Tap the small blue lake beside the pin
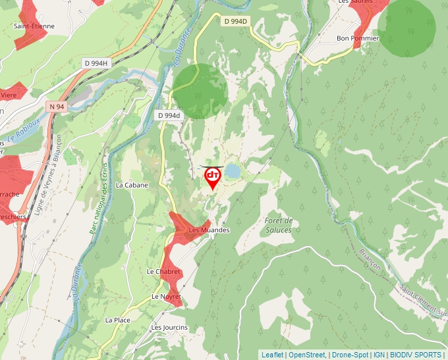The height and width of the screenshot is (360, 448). (233, 172)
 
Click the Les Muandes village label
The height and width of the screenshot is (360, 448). (209, 230)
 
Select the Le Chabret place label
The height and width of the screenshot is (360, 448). (163, 271)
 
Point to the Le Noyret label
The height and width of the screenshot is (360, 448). (166, 297)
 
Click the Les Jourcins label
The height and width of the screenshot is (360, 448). (169, 327)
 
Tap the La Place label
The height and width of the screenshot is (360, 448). (118, 320)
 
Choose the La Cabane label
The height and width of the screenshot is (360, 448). (132, 185)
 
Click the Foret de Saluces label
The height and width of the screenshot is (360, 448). (277, 225)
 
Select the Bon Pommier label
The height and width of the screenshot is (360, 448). (358, 38)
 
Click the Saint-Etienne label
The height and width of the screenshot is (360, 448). (34, 26)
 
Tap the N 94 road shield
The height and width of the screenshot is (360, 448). (56, 106)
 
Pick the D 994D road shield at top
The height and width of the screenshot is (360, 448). (235, 21)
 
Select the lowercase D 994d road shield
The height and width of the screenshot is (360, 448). (169, 115)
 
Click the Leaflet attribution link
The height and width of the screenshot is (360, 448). (272, 355)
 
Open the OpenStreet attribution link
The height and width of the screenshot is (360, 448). (308, 355)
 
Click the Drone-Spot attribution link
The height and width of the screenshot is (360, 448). (349, 355)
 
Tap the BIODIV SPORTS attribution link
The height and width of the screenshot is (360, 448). (416, 355)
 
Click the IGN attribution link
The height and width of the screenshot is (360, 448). (379, 355)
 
